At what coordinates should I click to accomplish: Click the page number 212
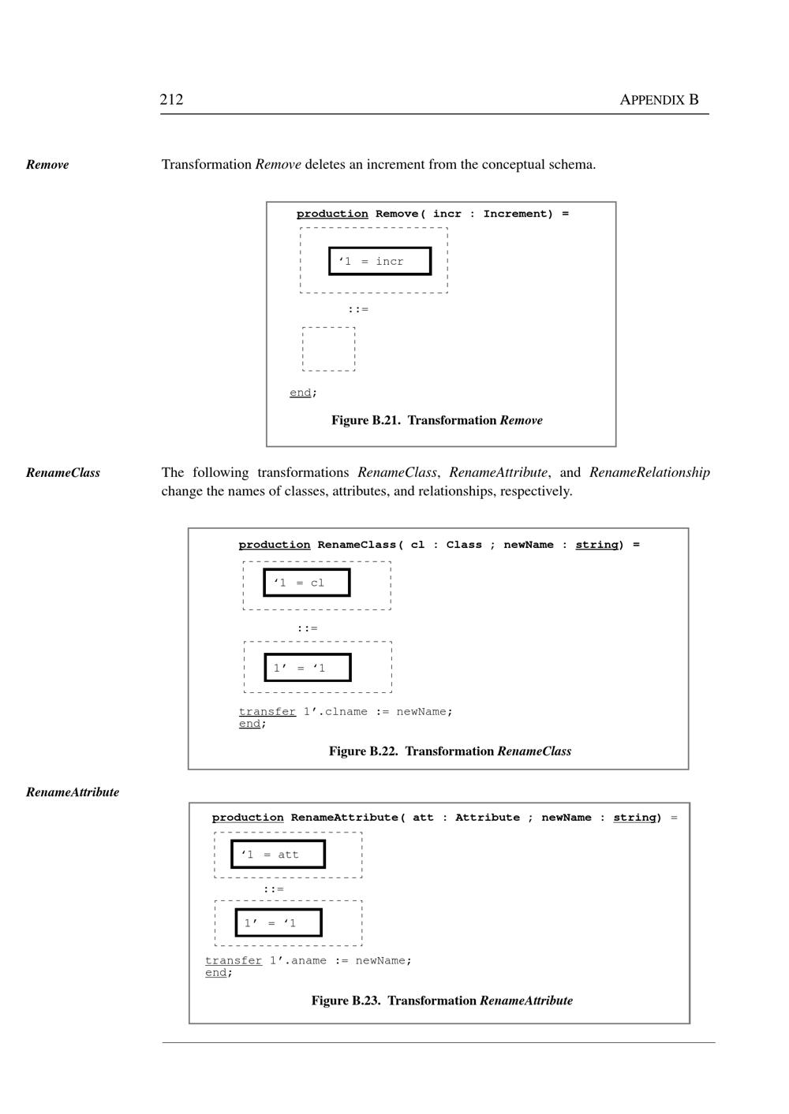[171, 99]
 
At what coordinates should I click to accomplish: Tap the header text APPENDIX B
[659, 99]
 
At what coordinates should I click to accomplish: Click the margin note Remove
[47, 165]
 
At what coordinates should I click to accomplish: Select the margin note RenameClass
[63, 473]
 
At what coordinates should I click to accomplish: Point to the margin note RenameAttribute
[73, 792]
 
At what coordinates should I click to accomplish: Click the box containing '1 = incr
[380, 261]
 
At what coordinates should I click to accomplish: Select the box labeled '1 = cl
[306, 583]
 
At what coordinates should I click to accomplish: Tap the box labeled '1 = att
[278, 854]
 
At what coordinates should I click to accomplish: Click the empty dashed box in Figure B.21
[328, 348]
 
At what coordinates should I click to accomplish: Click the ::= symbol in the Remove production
[358, 309]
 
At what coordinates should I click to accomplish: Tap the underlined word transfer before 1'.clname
[267, 711]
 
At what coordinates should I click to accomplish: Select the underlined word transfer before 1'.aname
[234, 960]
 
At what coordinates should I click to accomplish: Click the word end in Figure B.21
[300, 393]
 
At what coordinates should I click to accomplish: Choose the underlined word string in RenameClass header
[596, 545]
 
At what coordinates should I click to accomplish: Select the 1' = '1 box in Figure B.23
[279, 922]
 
